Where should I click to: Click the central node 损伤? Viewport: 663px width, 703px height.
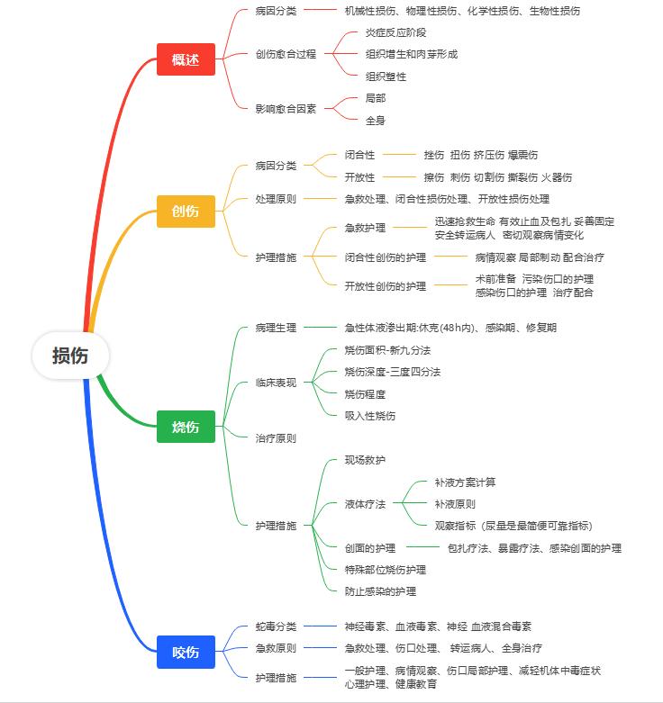[70, 356]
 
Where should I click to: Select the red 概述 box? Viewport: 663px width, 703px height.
[186, 60]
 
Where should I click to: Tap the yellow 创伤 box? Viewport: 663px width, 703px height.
[186, 211]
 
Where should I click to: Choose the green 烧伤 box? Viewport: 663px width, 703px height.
[186, 427]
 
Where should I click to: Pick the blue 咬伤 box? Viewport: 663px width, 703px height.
[186, 652]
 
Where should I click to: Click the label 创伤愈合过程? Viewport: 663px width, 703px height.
[286, 54]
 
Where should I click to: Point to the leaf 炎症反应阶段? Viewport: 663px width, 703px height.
[395, 32]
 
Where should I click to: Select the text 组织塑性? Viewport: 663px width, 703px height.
[386, 77]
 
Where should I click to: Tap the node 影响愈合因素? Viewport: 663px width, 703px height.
[286, 109]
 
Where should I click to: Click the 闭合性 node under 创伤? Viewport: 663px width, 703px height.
[360, 155]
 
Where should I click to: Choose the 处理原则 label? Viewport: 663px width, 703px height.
[276, 199]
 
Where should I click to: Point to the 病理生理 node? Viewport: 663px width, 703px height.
[276, 328]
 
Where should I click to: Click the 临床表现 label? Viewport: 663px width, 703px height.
[276, 383]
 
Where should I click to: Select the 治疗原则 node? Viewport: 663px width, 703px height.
[276, 438]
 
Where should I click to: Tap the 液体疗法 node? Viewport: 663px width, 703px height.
[365, 504]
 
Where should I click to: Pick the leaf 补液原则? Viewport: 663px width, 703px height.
[455, 504]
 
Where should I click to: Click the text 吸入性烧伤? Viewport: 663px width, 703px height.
[370, 416]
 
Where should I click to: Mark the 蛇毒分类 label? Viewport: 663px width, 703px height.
[276, 626]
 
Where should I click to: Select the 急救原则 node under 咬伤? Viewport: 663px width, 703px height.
[276, 648]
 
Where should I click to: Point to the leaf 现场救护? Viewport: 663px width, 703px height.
[365, 460]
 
